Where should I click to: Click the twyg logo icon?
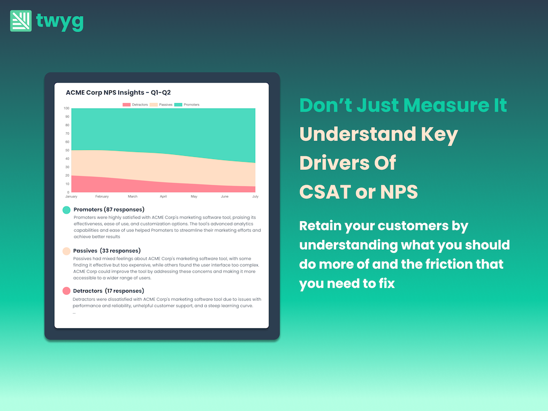tap(21, 21)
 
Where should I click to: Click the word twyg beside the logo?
tap(60, 22)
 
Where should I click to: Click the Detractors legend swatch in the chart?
tap(126, 104)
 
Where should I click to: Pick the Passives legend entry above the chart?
tap(161, 104)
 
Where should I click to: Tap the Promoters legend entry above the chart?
tap(187, 104)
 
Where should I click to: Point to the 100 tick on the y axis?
tap(66, 108)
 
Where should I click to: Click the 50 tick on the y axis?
tap(67, 150)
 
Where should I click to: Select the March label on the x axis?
tap(133, 196)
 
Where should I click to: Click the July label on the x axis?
tap(255, 196)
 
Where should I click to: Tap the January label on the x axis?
tap(71, 196)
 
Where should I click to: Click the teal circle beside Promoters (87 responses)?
tap(66, 210)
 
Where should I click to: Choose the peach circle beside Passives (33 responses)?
tap(66, 251)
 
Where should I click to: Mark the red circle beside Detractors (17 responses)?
tap(66, 291)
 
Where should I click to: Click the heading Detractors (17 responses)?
tap(108, 291)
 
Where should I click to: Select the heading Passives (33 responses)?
tap(107, 250)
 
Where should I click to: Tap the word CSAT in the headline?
tap(325, 192)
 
